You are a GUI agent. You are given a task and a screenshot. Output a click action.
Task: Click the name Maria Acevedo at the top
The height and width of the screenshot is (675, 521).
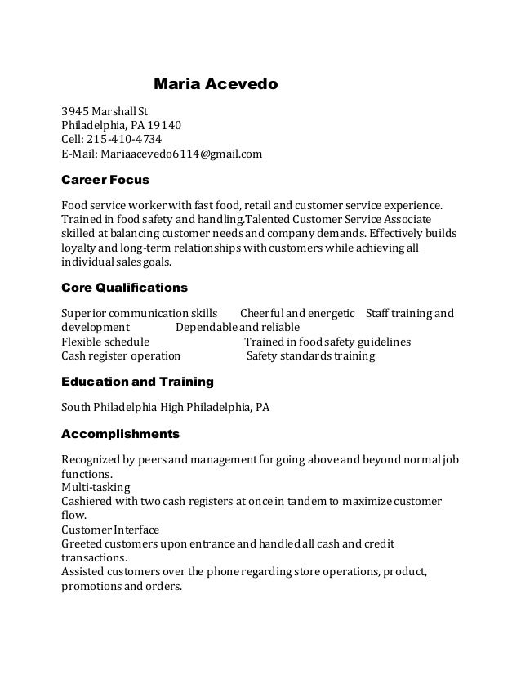pyautogui.click(x=216, y=83)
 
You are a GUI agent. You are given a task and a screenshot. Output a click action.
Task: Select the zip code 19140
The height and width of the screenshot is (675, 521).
pyautogui.click(x=165, y=125)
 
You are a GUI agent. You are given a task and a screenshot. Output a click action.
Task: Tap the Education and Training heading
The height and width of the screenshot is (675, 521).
pyautogui.click(x=138, y=382)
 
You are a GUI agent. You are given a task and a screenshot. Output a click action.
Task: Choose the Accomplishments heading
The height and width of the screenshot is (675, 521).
pyautogui.click(x=121, y=432)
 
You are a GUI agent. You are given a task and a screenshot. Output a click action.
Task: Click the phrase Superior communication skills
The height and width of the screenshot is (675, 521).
pyautogui.click(x=140, y=314)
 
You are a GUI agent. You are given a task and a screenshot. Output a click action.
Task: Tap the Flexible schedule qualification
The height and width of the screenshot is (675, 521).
pyautogui.click(x=105, y=342)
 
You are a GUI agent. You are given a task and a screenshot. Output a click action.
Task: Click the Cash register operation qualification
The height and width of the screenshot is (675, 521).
pyautogui.click(x=121, y=356)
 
